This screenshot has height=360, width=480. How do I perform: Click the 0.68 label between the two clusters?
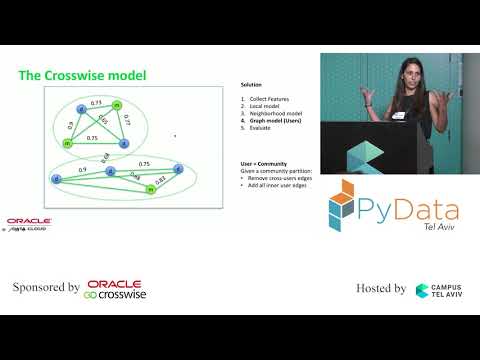point(107,155)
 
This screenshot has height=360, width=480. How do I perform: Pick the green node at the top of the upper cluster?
point(117,105)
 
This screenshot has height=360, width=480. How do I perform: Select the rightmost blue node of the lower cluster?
point(179,168)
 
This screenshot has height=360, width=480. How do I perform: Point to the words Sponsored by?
point(46,288)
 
